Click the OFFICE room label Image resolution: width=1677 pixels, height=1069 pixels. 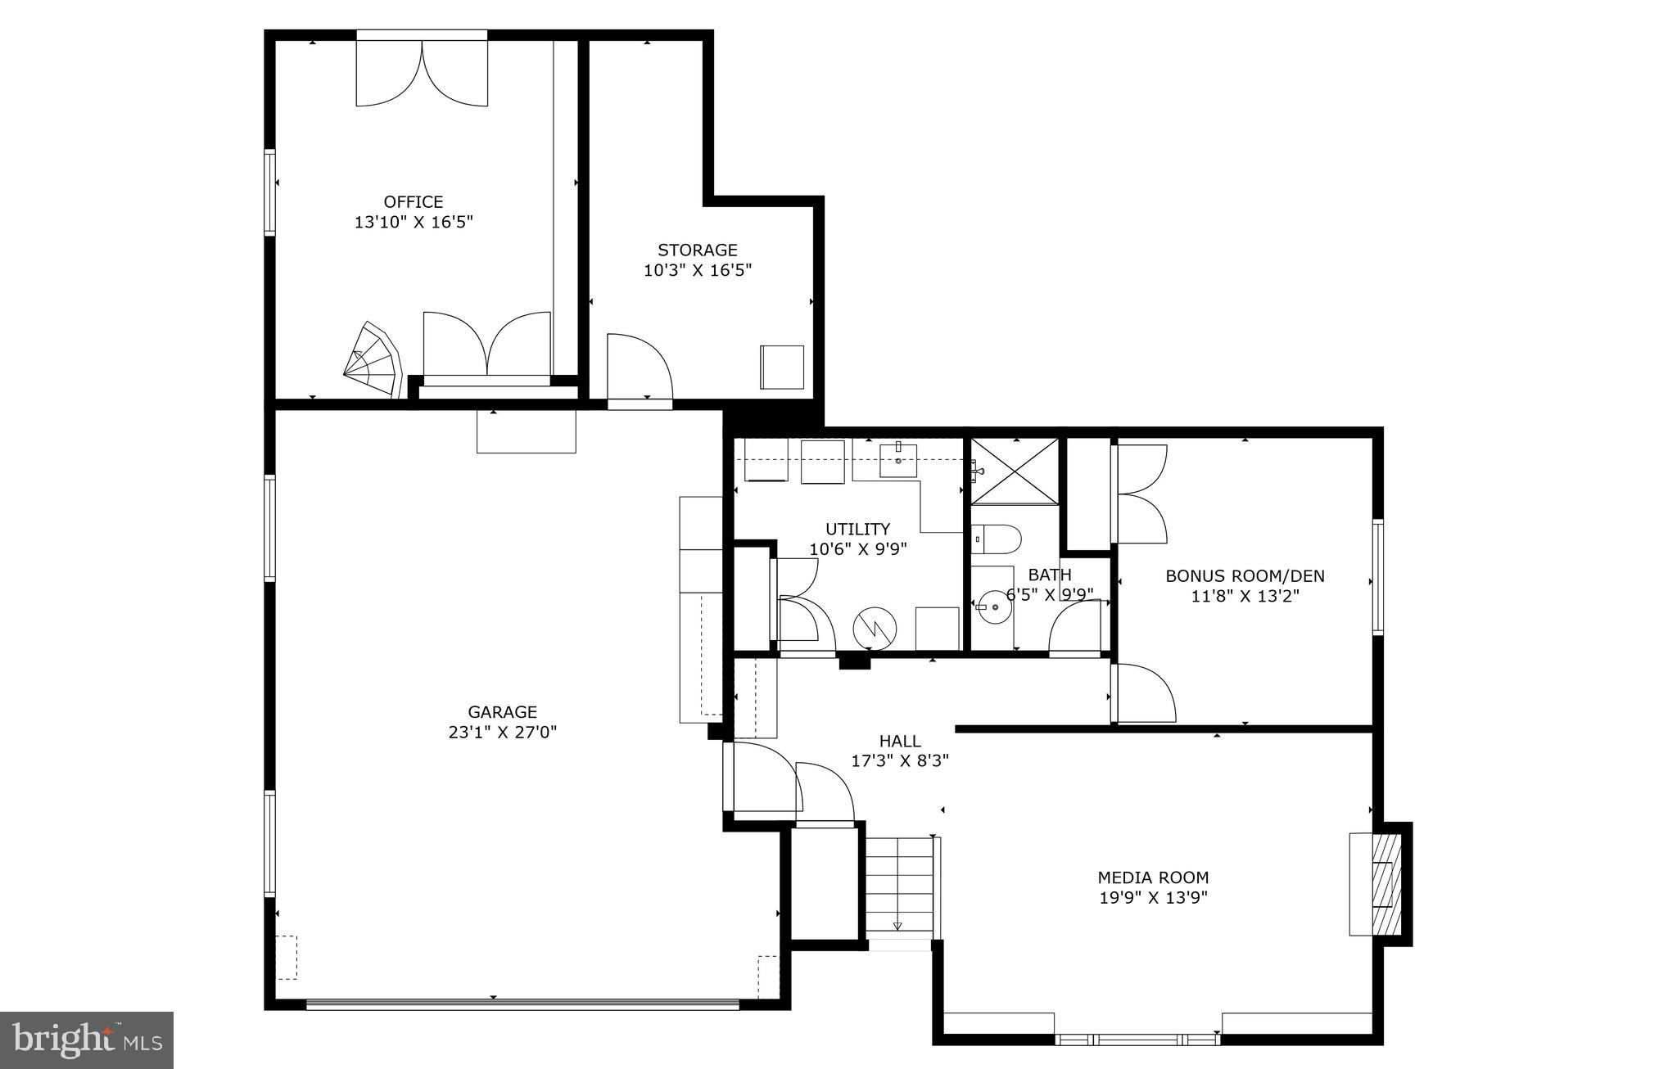coord(414,201)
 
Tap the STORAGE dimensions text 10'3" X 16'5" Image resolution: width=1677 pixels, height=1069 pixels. coord(697,270)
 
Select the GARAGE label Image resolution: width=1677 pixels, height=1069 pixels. coord(502,712)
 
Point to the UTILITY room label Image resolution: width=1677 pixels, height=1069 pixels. coord(857,529)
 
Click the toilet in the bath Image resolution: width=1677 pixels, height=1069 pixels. coord(997,539)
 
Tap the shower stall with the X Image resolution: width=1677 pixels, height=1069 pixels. coord(1015,472)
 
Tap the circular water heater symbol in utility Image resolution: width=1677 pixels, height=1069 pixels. coord(875,629)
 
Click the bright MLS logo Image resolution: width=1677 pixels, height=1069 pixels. coord(86,1040)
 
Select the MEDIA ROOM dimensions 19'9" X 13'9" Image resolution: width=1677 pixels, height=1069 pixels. coord(1153,898)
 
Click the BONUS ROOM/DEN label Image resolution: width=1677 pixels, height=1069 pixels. coord(1245,576)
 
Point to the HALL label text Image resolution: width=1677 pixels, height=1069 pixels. coord(900,741)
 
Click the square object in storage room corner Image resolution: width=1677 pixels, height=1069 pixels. coord(781,368)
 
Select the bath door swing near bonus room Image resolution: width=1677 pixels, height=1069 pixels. coord(1074,628)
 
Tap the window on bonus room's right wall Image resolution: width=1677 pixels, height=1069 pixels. coord(1377,576)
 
